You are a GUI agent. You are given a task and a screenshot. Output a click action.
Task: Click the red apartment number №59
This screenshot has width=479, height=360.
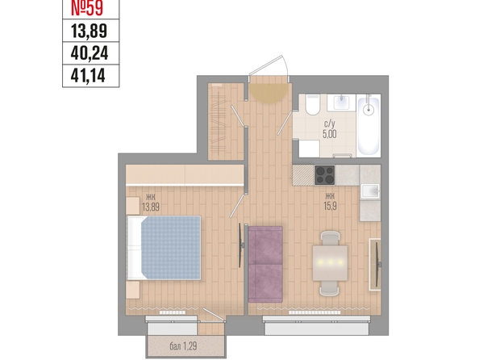click(87, 8)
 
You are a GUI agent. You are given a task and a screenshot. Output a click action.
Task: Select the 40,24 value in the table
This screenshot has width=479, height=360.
click(90, 53)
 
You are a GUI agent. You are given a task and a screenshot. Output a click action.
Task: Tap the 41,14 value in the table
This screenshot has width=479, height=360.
click(88, 75)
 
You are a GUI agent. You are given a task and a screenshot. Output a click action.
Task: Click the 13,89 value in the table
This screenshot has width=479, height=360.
click(89, 31)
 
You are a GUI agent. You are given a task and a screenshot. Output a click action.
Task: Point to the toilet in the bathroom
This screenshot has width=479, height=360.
click(313, 105)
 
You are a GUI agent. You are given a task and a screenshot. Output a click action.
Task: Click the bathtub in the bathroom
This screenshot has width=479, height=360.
click(369, 126)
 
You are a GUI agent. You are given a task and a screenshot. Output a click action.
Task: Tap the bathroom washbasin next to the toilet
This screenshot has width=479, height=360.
click(342, 103)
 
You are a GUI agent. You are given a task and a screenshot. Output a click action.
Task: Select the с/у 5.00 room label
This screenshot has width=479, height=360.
click(330, 130)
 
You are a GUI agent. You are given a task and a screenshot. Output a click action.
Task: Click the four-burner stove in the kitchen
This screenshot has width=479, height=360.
click(325, 175)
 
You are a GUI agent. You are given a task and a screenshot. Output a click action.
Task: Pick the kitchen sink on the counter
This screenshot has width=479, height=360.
click(371, 191)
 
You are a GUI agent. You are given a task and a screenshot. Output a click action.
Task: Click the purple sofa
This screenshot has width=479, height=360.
click(265, 264)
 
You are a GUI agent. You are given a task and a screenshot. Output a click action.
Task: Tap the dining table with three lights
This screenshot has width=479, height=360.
click(330, 263)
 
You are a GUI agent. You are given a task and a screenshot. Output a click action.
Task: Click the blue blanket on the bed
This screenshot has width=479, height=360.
click(170, 248)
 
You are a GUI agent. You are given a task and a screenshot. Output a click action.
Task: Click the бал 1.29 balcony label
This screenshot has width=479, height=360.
click(183, 346)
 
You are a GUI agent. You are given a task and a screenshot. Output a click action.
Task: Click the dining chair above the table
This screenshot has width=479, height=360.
click(330, 238)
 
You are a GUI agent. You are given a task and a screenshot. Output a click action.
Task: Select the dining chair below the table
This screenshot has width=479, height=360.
click(329, 288)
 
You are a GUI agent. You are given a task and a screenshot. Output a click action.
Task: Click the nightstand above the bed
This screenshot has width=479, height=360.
click(133, 206)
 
